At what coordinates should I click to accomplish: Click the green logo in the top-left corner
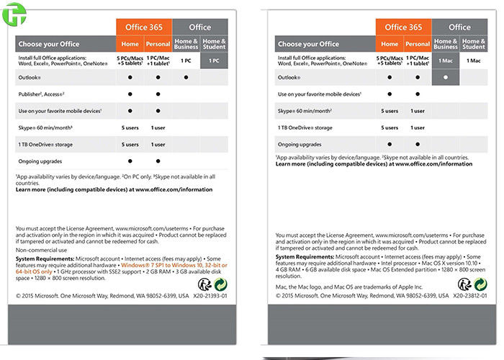coord(12,16)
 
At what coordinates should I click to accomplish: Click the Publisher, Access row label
coord(42,94)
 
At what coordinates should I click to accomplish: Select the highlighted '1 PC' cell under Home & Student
coord(214,61)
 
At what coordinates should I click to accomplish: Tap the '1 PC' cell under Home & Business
coord(185,61)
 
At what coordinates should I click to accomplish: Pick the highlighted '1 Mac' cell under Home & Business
coord(446,61)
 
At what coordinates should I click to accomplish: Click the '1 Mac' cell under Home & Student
coord(474,61)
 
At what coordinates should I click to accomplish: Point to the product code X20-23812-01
coord(472,295)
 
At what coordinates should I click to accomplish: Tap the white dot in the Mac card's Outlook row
coord(446,76)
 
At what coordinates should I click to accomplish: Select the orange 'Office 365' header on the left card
coord(143,27)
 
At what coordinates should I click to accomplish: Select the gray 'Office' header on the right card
coord(459,27)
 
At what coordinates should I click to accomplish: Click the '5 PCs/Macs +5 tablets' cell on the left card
coord(130,61)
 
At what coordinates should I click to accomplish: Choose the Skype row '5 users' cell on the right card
coord(390,111)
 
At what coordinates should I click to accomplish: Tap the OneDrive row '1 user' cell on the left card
coord(158,145)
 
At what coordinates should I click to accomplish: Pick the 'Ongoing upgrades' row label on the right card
coord(300,144)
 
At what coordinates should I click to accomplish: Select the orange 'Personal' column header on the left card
coord(158,44)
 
